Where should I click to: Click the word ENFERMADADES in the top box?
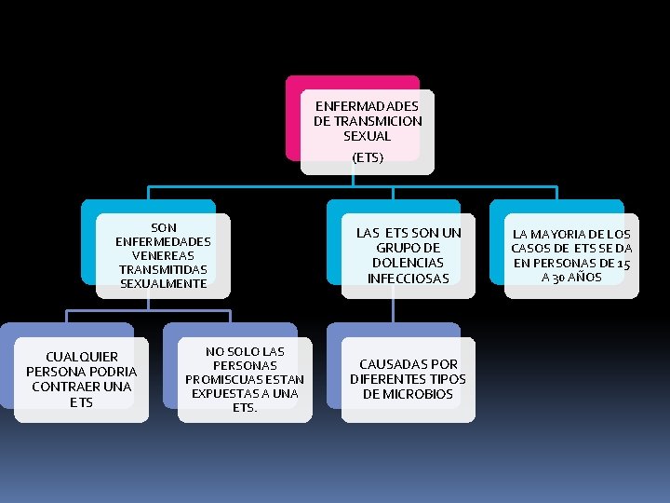tap(368, 106)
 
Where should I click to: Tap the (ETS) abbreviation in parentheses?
tap(368, 157)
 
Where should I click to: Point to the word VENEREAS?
tap(164, 255)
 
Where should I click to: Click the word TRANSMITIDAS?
tap(164, 269)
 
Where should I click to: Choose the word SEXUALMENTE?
tap(164, 283)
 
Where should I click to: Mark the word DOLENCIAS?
tap(409, 263)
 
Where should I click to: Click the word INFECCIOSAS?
tap(409, 278)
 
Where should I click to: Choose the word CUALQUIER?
tap(82, 357)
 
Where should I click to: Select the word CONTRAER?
tap(82, 387)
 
